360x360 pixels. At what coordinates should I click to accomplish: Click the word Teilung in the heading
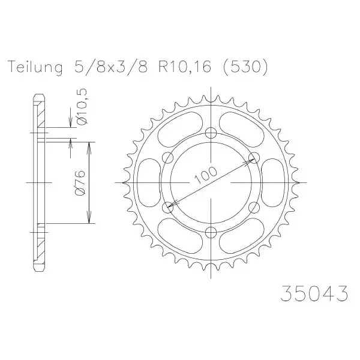[35, 67]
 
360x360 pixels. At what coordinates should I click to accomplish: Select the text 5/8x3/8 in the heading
[110, 67]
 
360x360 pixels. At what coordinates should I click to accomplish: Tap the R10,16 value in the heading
[184, 67]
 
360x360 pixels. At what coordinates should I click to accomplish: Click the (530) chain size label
[244, 67]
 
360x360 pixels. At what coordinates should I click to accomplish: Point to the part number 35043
[314, 293]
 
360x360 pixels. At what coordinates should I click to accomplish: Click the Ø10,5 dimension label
[83, 106]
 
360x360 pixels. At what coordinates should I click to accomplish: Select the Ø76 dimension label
[81, 183]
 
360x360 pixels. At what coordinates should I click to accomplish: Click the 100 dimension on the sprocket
[205, 176]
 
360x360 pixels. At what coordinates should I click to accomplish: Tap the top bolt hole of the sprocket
[211, 133]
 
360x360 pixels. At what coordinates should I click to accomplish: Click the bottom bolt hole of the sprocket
[211, 232]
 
